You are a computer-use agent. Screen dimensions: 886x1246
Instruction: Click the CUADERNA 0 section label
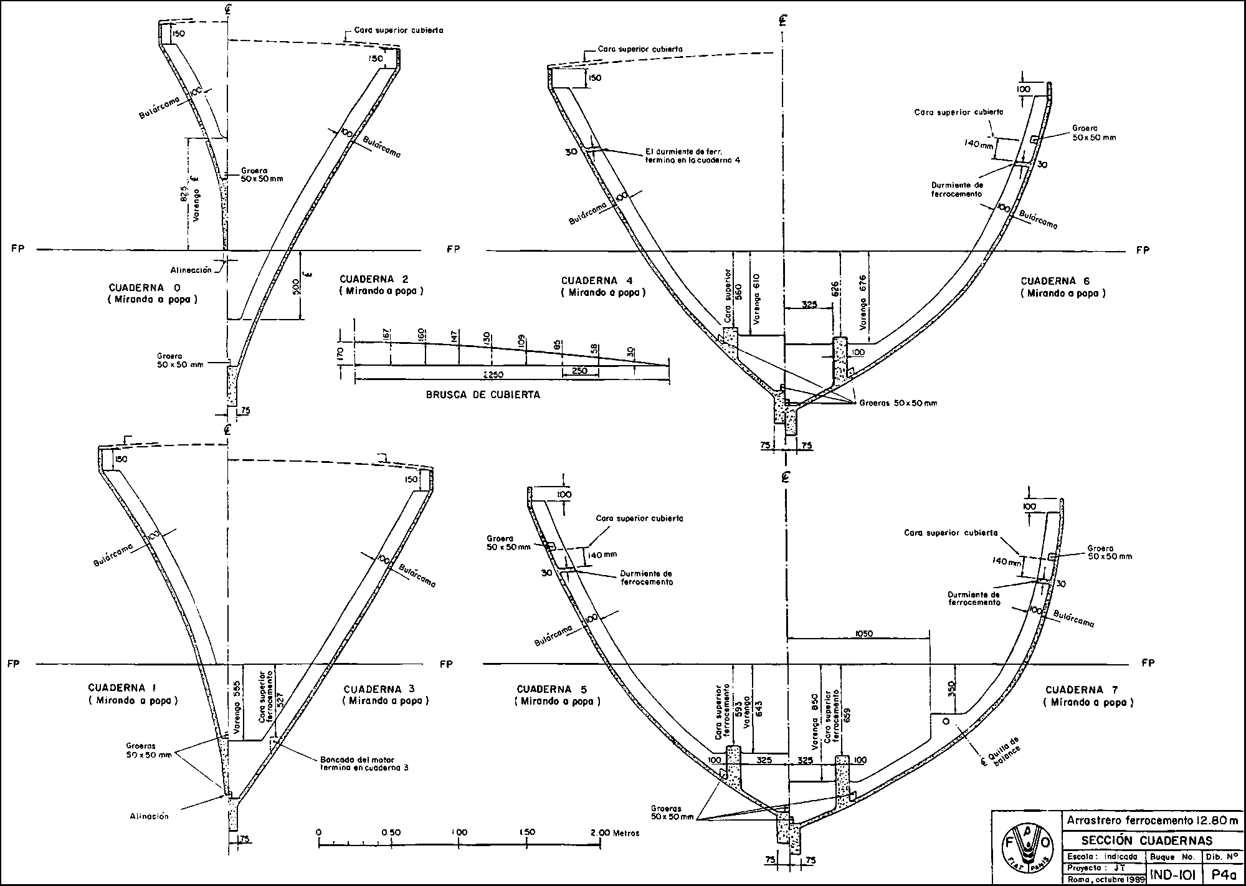point(145,288)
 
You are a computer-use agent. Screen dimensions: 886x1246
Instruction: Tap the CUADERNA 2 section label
point(381,279)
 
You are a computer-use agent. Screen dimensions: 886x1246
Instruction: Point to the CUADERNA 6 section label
point(1063,281)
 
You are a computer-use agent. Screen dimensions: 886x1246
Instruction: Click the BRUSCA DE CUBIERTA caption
point(483,394)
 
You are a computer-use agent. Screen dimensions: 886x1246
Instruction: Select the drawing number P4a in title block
point(1224,875)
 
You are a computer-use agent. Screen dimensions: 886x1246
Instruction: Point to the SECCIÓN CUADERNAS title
point(1141,841)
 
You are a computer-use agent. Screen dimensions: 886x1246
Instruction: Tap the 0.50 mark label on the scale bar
point(391,832)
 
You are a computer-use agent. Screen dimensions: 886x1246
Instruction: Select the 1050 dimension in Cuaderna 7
point(865,634)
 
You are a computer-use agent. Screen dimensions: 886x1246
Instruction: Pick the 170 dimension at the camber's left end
point(340,355)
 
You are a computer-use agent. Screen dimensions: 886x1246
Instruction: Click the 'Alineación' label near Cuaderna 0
point(190,270)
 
